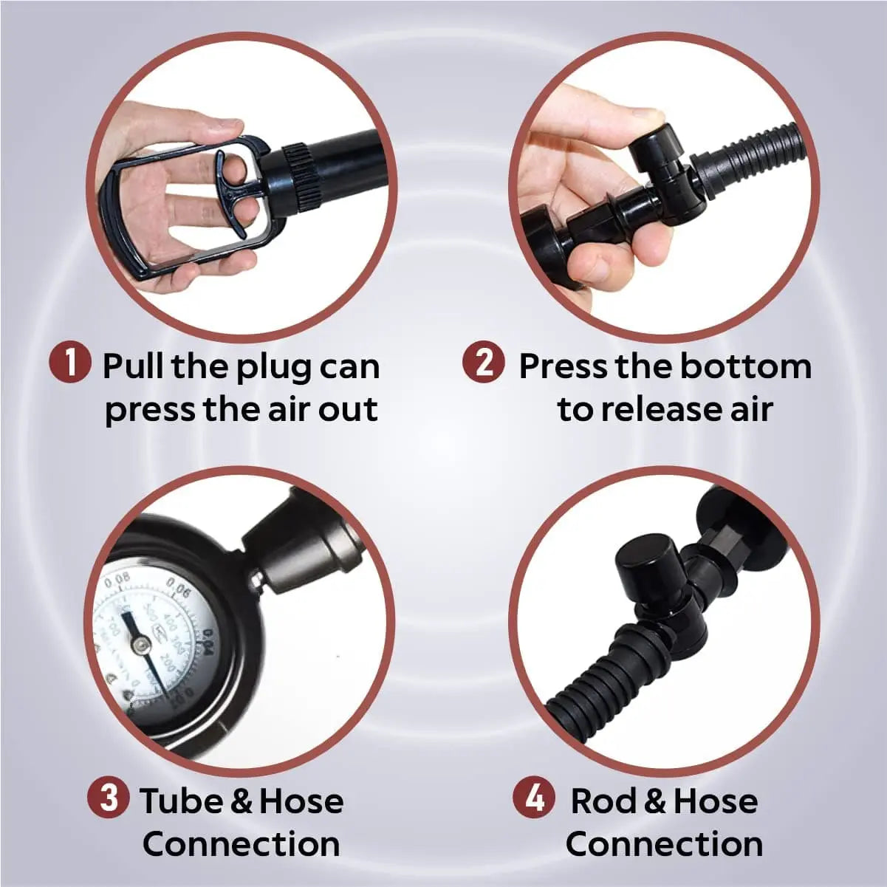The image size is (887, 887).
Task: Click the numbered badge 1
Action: pos(70,364)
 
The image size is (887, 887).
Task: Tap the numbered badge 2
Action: pos(484,364)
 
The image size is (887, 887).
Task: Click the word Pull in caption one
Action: pos(133,366)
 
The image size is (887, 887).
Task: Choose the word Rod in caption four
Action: pos(602,801)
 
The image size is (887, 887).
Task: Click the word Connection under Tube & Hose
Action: pos(241,843)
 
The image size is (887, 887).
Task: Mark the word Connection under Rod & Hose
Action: pos(664,843)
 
